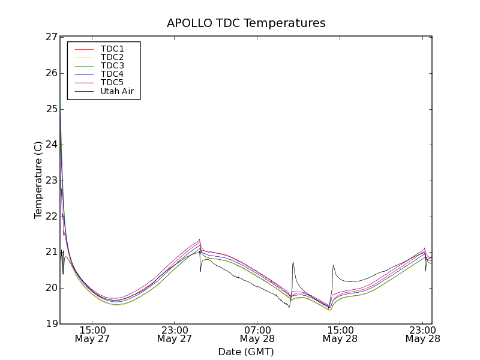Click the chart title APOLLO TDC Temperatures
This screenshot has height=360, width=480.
click(246, 23)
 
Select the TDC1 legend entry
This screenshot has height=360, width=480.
click(112, 49)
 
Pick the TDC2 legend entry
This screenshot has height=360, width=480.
click(112, 57)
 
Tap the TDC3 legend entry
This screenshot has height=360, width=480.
click(112, 65)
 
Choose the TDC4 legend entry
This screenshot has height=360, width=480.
click(112, 74)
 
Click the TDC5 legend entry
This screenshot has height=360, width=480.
click(112, 83)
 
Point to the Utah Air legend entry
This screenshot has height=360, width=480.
click(117, 91)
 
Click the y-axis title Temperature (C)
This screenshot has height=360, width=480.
click(38, 180)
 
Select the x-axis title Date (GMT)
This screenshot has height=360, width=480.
click(246, 352)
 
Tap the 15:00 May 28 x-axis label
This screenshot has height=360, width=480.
click(340, 334)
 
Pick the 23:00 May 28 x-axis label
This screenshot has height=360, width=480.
click(422, 334)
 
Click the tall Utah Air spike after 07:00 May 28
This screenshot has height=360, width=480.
click(293, 262)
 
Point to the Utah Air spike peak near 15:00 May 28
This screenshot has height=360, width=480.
click(333, 265)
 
